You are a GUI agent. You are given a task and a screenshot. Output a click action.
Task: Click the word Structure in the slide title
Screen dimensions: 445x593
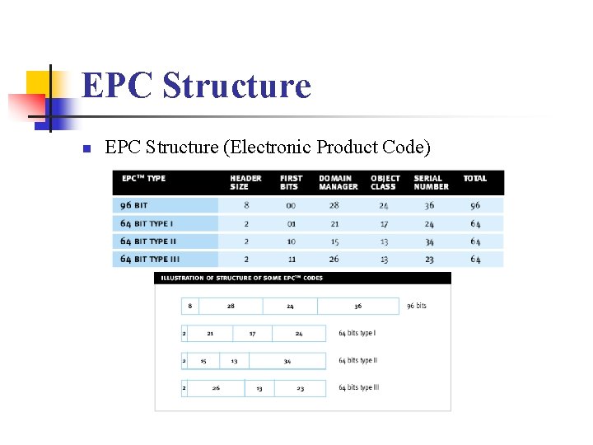(237, 86)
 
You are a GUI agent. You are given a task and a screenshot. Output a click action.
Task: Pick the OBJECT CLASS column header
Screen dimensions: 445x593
(385, 182)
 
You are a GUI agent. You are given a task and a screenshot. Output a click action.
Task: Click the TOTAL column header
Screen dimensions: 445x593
(474, 178)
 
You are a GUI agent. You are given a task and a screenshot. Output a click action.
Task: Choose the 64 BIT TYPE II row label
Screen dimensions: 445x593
(148, 241)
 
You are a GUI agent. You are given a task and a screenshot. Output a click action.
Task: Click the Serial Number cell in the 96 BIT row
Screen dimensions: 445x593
(429, 205)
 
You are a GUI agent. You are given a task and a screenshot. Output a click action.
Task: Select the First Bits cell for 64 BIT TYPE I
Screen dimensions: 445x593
(291, 223)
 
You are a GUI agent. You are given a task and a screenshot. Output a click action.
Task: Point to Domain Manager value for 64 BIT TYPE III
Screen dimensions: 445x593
(334, 259)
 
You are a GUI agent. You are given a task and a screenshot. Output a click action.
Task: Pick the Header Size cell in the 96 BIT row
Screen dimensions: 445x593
(245, 205)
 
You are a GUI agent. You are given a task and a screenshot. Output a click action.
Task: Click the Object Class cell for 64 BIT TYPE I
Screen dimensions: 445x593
(384, 223)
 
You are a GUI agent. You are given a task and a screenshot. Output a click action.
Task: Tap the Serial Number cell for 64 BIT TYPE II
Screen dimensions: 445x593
(429, 241)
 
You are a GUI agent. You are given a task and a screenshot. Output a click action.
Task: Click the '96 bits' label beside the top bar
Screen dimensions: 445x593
(417, 306)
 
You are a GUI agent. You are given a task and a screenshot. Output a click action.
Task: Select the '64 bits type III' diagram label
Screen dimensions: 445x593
(359, 388)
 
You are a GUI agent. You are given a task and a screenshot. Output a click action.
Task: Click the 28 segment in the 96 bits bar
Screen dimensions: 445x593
(231, 306)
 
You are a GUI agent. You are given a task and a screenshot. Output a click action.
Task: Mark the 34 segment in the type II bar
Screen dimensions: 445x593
(287, 361)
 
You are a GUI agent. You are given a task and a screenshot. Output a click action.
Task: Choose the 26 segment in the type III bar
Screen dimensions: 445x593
(216, 388)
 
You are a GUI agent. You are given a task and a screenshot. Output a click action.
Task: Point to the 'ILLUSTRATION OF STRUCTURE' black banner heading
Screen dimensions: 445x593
(242, 279)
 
